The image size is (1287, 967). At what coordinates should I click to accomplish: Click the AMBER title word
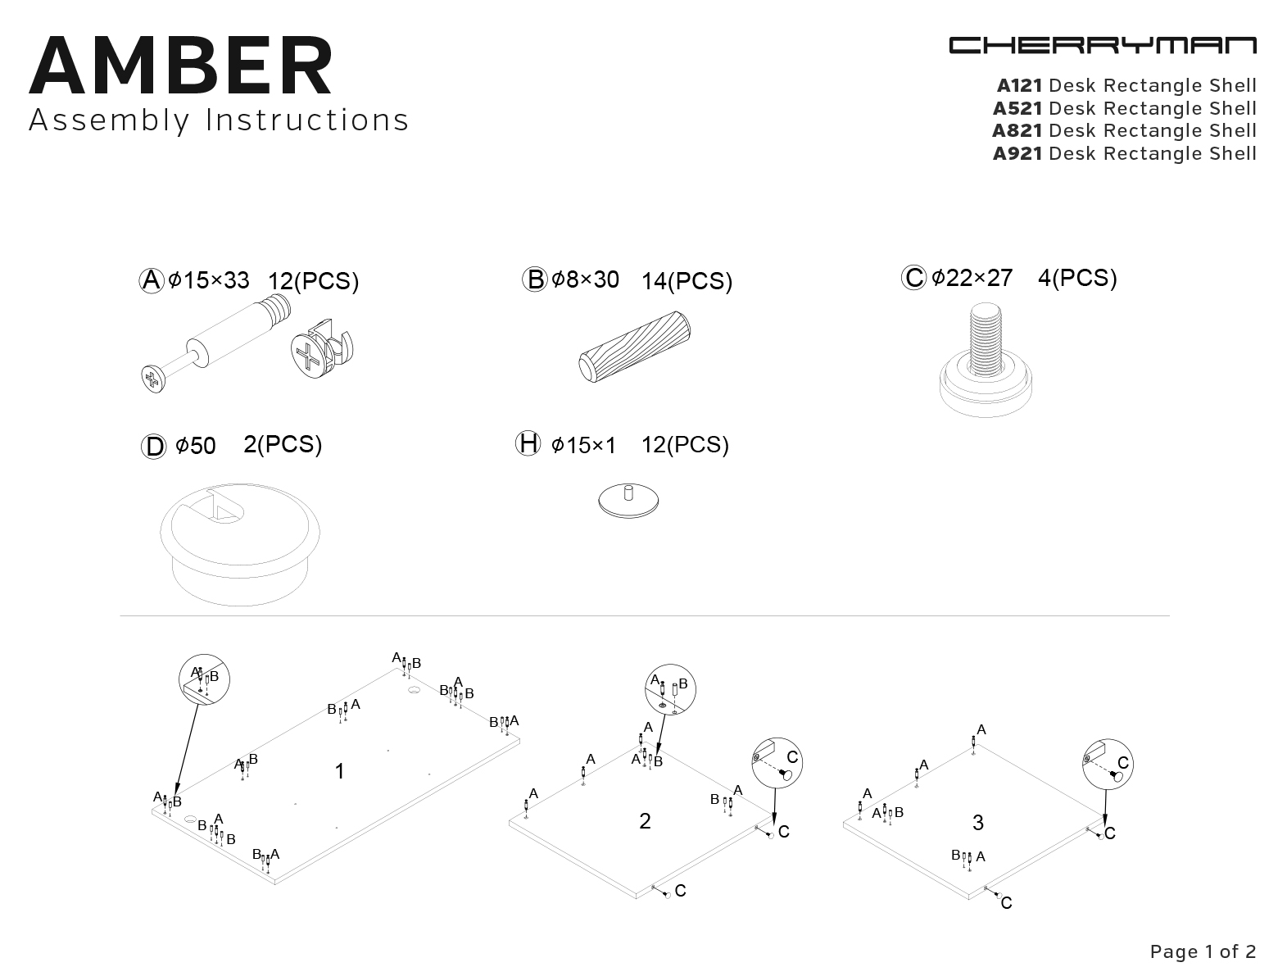(181, 65)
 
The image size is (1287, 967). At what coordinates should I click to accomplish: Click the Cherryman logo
(1103, 46)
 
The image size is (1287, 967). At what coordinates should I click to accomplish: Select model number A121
(1020, 85)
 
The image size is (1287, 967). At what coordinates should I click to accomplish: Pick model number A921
(1017, 153)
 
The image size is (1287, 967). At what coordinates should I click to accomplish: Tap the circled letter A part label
(152, 280)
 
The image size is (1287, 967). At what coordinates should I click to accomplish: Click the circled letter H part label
(528, 443)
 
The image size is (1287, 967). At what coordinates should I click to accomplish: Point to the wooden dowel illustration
(635, 347)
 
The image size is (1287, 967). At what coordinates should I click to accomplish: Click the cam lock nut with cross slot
(322, 349)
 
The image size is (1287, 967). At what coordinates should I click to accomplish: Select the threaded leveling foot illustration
(986, 360)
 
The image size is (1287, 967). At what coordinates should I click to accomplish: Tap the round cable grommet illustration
(240, 543)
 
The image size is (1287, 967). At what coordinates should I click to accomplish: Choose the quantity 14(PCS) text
(687, 281)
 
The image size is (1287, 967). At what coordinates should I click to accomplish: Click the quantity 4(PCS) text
(1077, 278)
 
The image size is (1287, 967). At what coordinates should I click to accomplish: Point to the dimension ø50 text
(196, 447)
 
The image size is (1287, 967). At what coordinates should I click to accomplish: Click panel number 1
(339, 771)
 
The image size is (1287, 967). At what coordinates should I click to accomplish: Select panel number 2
(645, 821)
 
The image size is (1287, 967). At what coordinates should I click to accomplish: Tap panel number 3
(978, 823)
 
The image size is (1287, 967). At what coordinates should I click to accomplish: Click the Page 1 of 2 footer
(1203, 951)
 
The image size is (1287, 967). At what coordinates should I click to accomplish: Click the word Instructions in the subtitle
(306, 120)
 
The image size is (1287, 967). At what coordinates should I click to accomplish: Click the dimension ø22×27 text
(972, 278)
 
